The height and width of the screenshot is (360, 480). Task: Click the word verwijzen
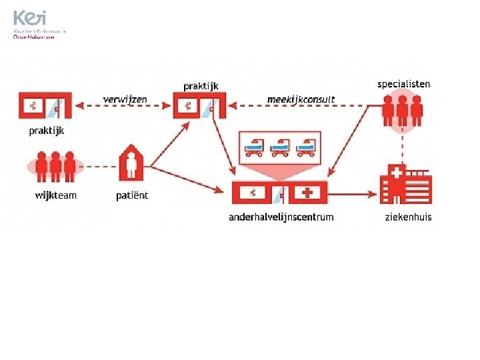[125, 100]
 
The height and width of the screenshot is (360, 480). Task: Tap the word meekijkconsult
[301, 100]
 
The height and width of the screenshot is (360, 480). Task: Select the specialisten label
[403, 84]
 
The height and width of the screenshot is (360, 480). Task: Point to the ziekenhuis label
[408, 217]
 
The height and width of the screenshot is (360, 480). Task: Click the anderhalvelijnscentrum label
[281, 217]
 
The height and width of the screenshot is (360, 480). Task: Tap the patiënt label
[132, 195]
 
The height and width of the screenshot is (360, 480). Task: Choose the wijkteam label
[56, 195]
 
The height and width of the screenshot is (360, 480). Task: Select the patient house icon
[132, 163]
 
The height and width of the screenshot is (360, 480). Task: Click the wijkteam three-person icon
[56, 166]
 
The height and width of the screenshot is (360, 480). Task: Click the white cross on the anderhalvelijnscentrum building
[307, 193]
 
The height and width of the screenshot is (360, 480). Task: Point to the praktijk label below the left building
[47, 131]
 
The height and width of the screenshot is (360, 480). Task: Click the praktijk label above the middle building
[201, 86]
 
